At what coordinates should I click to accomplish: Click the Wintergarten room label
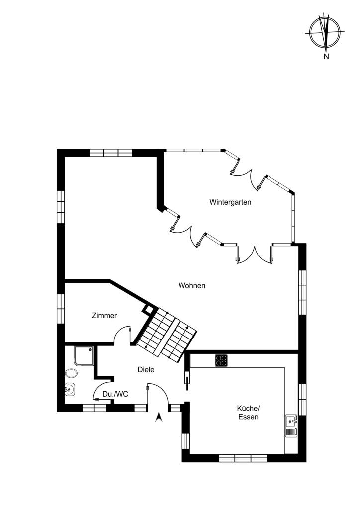tap(230, 202)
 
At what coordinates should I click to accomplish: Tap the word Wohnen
tap(192, 286)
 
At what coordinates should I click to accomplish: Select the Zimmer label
tap(104, 316)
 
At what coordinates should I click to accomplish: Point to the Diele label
tap(146, 370)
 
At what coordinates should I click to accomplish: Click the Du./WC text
tap(115, 394)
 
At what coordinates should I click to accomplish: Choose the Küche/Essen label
tap(248, 413)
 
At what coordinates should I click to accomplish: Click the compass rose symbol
tap(325, 32)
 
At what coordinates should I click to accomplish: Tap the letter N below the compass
tap(326, 57)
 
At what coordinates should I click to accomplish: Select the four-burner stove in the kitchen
tap(221, 361)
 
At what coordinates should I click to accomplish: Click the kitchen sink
tap(291, 425)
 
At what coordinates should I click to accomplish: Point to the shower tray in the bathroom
tap(84, 356)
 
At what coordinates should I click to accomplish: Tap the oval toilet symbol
tap(71, 373)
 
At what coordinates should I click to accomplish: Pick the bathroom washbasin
tap(70, 389)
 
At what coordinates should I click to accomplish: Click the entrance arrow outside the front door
tap(159, 417)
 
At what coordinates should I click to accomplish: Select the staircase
tap(167, 335)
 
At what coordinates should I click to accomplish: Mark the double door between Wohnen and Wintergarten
tap(255, 254)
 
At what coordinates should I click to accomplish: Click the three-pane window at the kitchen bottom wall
tap(243, 458)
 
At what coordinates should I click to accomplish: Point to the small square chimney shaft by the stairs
tap(149, 309)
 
